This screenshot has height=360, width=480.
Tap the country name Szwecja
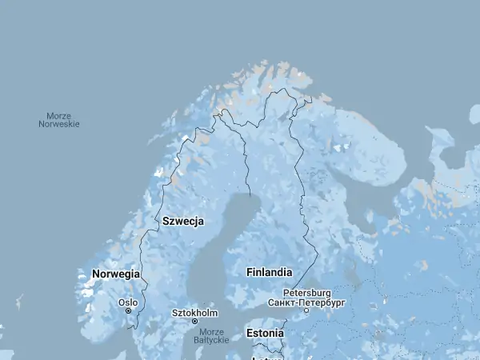183,221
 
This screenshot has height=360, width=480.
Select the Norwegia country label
116,274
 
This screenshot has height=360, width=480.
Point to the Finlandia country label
269,272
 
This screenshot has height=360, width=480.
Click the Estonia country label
265,333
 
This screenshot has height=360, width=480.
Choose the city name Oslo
128,302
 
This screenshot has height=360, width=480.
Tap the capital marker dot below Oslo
128,311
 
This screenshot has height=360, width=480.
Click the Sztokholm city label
194,312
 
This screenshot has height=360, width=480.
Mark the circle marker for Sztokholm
194,321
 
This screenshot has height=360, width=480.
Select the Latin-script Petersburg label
307,293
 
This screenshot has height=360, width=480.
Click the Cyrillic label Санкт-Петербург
306,302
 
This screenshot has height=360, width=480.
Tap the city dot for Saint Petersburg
306,310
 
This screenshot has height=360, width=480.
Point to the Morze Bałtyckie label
211,335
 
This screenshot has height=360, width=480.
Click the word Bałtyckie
211,340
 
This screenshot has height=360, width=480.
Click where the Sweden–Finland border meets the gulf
250,195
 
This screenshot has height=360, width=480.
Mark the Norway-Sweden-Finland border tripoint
221,111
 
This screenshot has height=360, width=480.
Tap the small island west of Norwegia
18,302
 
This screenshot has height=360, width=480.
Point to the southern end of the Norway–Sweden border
136,327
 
